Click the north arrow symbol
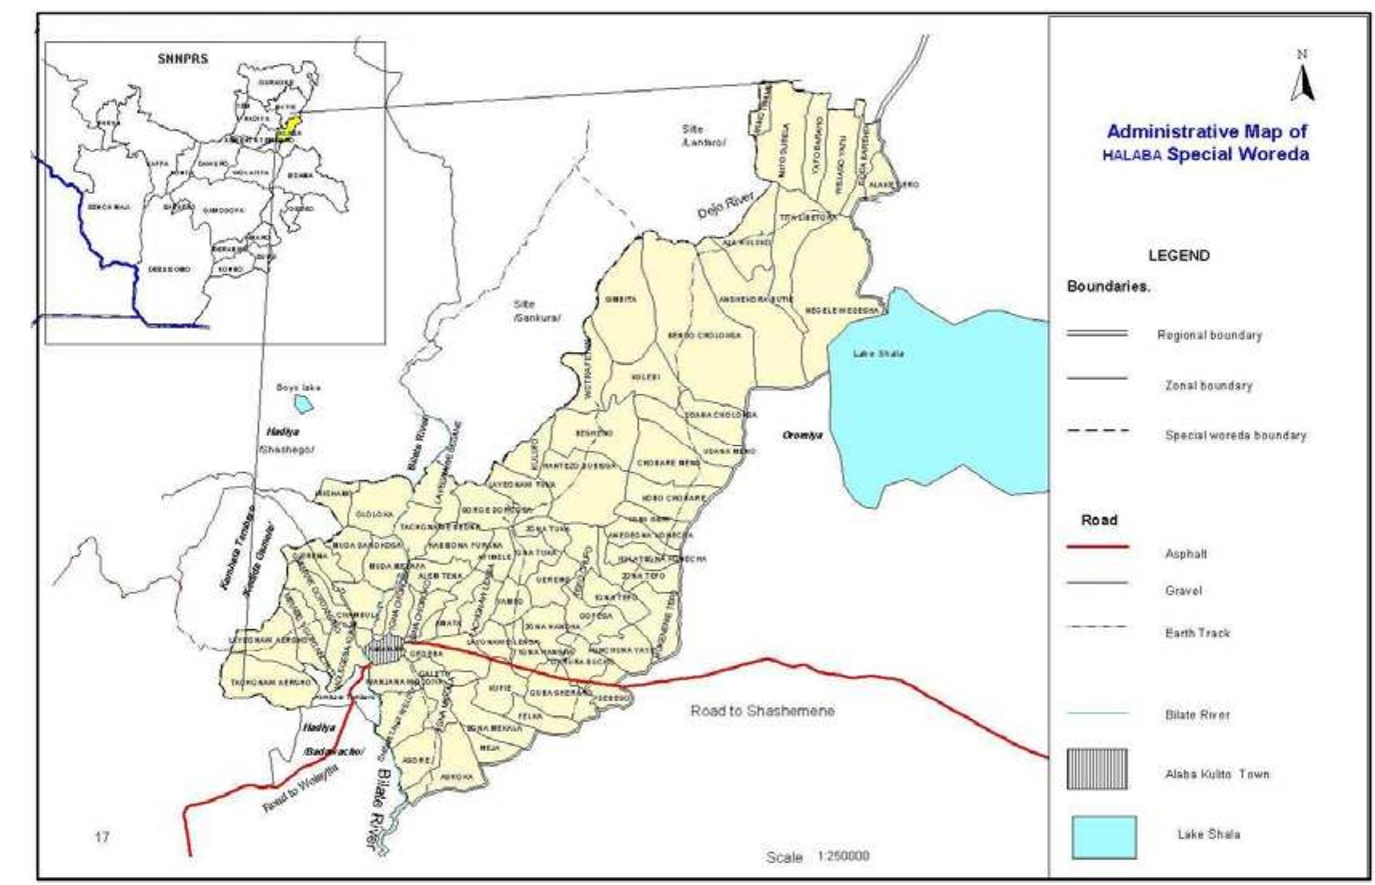coord(1302,83)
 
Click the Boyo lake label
coord(298,387)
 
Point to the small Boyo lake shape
coord(303,402)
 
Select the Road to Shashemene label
coord(762,711)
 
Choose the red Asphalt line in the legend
coord(1097,547)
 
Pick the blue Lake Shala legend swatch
coord(1104,836)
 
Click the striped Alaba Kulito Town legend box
coord(1096,770)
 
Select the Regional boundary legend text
coord(1209,335)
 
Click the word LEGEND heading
coord(1179,256)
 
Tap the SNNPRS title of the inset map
coord(184,59)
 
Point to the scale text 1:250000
coord(843,856)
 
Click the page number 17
coord(102,837)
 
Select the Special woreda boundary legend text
coord(1235,436)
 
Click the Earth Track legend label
coord(1197,633)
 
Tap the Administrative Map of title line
coord(1207,131)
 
